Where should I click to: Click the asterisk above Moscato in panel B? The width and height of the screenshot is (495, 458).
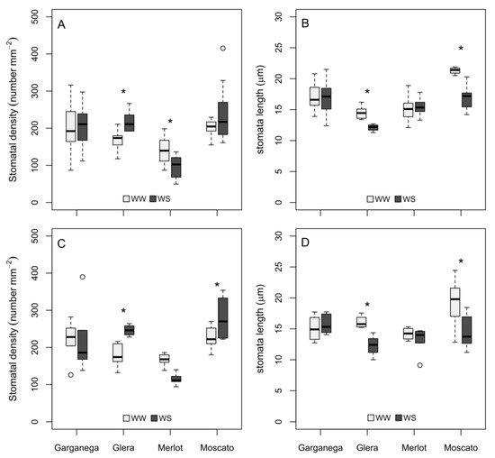click(x=461, y=49)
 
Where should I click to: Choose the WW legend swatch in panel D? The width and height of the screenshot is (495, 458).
click(x=372, y=417)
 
